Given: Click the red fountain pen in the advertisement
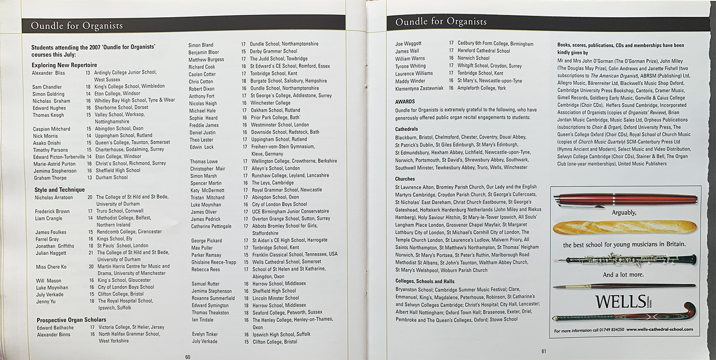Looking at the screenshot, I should [x=625, y=200].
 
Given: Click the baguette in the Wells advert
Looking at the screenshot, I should [x=624, y=227].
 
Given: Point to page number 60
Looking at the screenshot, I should [x=188, y=356].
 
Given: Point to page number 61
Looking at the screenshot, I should [x=543, y=352].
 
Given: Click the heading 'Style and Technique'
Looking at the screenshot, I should [x=59, y=190].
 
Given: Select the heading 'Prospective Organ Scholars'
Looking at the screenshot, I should [x=72, y=320].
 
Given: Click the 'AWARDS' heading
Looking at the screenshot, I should [x=405, y=102].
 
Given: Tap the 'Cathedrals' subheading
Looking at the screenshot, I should [x=407, y=129].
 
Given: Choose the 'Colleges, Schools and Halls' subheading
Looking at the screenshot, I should [x=425, y=282].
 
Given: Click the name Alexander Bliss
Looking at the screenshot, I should [x=48, y=73].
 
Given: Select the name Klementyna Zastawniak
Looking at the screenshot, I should [x=420, y=89].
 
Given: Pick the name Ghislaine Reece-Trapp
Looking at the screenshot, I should [x=214, y=262].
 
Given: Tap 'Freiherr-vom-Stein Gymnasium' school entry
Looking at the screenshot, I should [x=283, y=147].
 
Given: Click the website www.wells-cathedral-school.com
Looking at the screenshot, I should [x=660, y=329].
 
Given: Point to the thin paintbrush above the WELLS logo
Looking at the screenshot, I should [x=624, y=286].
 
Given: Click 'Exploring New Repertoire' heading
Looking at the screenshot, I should [x=64, y=65].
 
